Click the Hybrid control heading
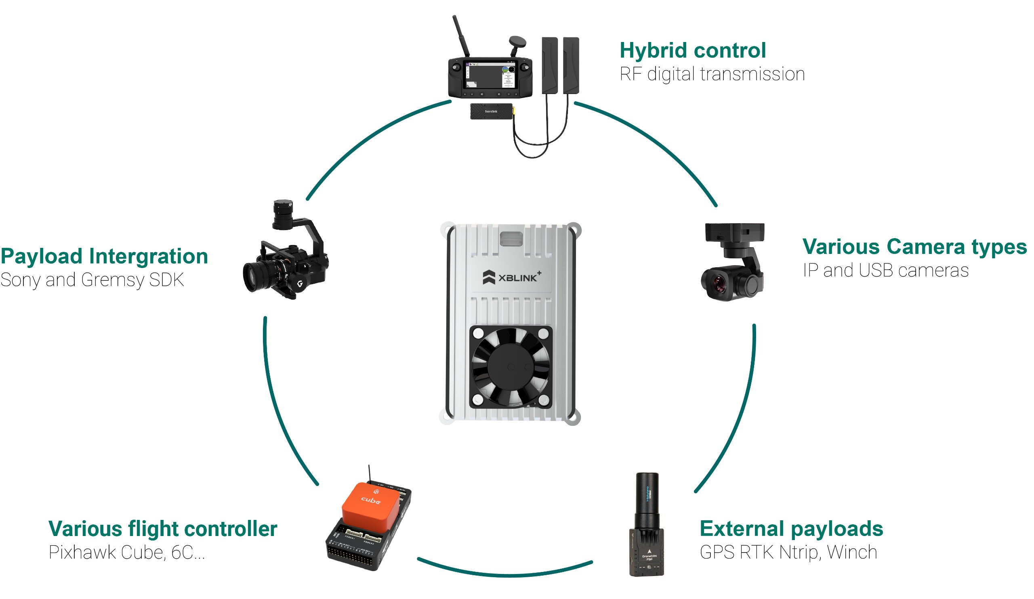pos(692,51)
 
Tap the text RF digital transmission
pos(712,75)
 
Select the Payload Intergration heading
pos(104,257)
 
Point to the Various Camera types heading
pos(914,247)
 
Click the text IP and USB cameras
pos(885,271)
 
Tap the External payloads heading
pos(791,529)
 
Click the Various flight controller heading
pos(163,529)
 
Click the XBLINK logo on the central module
pos(511,278)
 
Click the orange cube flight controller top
pos(370,503)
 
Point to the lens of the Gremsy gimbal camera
pos(252,277)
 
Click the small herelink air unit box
pos(491,111)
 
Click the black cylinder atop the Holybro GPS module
pos(647,492)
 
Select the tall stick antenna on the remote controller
pos(460,36)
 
